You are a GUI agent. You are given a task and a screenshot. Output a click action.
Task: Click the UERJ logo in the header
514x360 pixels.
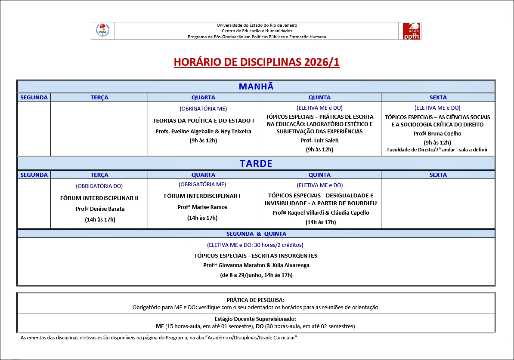(102, 31)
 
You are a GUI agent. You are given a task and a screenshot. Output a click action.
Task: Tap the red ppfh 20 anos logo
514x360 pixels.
(411, 31)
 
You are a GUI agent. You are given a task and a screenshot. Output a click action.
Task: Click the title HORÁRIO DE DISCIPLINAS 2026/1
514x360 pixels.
(257, 62)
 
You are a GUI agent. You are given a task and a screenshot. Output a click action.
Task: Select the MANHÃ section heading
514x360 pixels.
(256, 86)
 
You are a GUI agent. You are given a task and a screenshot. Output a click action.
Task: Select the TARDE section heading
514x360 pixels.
(256, 164)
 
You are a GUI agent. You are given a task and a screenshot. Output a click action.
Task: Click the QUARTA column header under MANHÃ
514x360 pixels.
(203, 98)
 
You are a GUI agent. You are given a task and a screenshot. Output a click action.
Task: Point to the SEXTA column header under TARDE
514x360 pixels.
(438, 175)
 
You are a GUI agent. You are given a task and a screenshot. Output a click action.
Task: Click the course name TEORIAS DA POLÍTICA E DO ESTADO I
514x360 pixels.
(203, 121)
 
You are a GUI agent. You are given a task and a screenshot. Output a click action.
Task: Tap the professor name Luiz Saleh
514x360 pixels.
(319, 141)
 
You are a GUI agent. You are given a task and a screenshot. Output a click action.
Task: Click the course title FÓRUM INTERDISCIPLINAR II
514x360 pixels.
(99, 198)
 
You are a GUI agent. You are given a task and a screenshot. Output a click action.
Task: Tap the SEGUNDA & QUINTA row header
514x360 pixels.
(256, 234)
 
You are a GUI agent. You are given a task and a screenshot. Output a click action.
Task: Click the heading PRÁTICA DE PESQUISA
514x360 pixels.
(255, 300)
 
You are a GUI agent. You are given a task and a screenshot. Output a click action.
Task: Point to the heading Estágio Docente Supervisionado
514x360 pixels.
(255, 319)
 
